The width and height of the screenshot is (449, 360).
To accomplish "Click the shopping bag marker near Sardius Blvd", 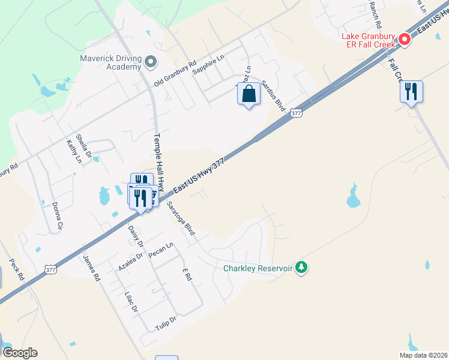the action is (249, 95).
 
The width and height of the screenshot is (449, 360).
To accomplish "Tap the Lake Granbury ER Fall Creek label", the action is (369, 40).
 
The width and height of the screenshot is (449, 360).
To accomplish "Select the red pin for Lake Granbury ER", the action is (405, 40).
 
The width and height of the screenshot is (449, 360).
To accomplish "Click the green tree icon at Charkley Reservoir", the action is (303, 268).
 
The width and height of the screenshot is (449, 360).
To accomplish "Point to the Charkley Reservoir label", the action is (258, 268).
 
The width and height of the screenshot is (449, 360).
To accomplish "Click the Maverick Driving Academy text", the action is (111, 62).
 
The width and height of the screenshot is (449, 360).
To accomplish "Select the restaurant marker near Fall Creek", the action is (411, 92).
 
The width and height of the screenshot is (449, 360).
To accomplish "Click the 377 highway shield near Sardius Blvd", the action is (295, 113).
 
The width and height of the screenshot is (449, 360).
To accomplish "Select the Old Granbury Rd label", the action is (175, 73).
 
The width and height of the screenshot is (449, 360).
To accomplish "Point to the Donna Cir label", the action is (57, 216).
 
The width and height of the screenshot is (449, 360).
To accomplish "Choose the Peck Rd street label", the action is (16, 270).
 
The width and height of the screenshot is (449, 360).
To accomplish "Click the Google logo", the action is (20, 353).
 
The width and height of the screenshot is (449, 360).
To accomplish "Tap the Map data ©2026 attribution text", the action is (423, 355).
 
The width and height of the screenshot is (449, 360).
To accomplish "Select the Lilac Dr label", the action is (131, 301).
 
